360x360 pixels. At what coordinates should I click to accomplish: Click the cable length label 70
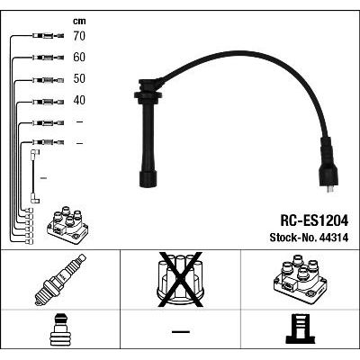[x=79, y=36]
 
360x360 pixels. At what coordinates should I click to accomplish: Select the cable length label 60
[x=79, y=57]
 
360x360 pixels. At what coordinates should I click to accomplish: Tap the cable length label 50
[x=79, y=78]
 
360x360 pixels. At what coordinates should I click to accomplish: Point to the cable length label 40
[x=79, y=100]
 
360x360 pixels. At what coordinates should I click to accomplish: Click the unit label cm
[x=79, y=21]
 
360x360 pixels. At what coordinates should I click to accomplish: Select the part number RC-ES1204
[x=314, y=220]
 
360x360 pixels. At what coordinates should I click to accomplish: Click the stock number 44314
[x=335, y=238]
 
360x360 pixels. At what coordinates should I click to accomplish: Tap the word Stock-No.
[x=293, y=238]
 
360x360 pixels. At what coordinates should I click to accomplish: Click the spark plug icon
[x=60, y=280]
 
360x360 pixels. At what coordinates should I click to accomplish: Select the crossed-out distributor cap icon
[x=180, y=280]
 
